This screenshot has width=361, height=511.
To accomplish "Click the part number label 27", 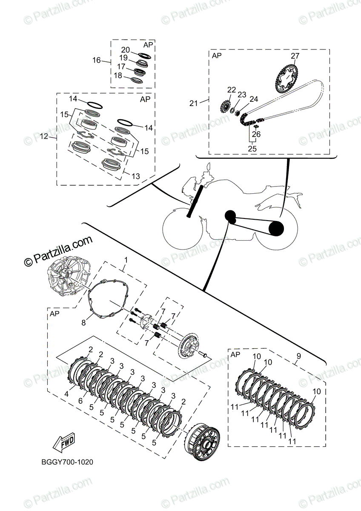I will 295,56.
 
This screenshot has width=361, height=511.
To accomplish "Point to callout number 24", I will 254,99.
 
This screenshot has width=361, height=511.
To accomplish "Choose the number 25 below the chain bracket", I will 252,148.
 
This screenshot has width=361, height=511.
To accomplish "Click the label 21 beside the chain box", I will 194,103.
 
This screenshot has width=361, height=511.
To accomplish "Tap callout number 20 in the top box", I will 126,50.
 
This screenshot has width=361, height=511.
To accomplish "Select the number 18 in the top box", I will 118,75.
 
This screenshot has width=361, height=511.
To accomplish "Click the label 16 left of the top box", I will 97,60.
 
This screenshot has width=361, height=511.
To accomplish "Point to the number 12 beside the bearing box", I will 44,136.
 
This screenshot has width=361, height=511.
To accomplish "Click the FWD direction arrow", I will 62,445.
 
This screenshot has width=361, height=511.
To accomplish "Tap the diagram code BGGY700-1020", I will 68,462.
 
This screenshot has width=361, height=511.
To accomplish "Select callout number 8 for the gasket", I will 84,323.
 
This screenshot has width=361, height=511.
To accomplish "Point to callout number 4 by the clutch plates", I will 66,394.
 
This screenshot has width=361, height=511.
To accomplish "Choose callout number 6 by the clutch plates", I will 80,401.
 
